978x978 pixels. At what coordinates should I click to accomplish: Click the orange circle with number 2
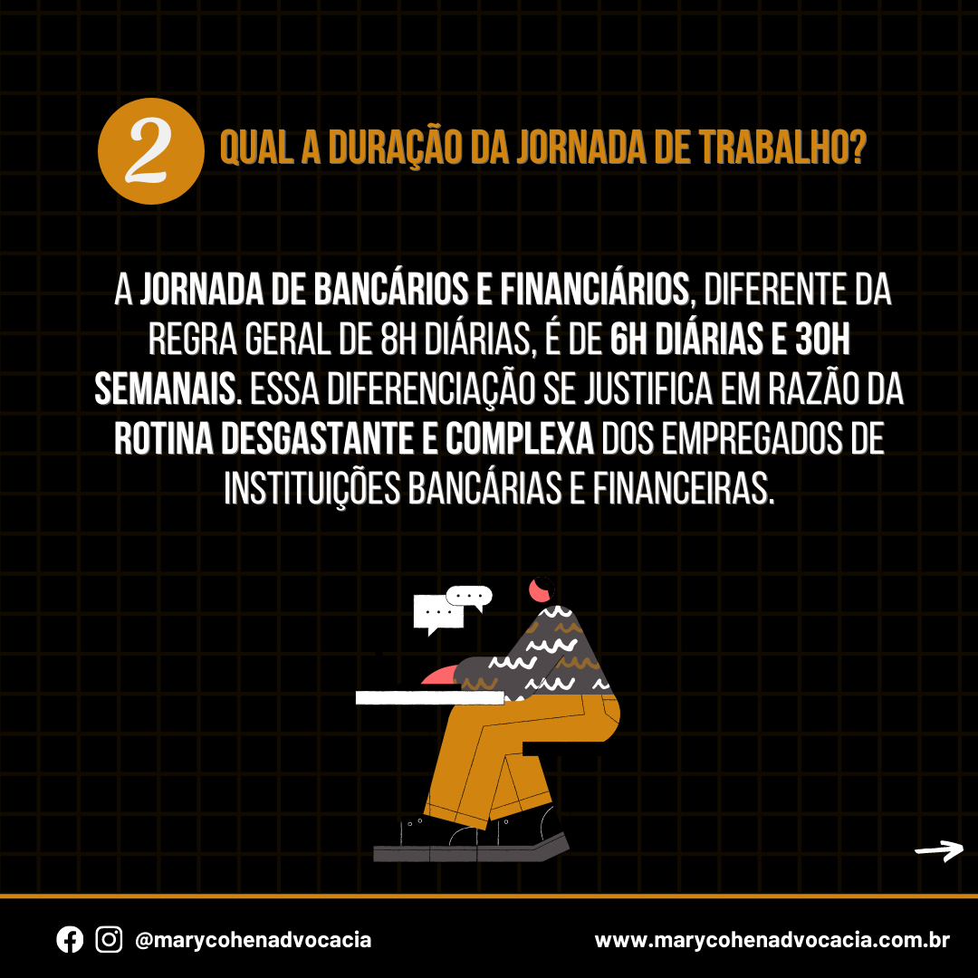point(151,151)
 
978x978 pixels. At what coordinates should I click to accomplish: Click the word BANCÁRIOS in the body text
point(390,290)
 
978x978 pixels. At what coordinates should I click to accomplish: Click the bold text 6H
point(628,340)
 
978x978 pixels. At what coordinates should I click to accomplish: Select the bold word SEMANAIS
point(166,389)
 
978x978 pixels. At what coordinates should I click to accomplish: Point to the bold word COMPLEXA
point(520,439)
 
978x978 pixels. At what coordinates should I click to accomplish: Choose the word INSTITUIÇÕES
point(312,490)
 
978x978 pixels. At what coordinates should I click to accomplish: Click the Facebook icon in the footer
point(70,939)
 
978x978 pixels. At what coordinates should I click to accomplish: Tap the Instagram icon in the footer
point(109,939)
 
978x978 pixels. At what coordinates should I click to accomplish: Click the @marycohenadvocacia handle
point(254,940)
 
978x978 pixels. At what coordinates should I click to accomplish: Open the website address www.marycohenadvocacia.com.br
point(772,940)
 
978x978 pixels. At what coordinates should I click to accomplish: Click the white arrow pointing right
point(939,850)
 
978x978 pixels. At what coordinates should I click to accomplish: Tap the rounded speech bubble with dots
point(469,597)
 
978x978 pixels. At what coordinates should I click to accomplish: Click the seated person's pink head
point(540,590)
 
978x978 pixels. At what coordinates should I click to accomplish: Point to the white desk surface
point(430,697)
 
